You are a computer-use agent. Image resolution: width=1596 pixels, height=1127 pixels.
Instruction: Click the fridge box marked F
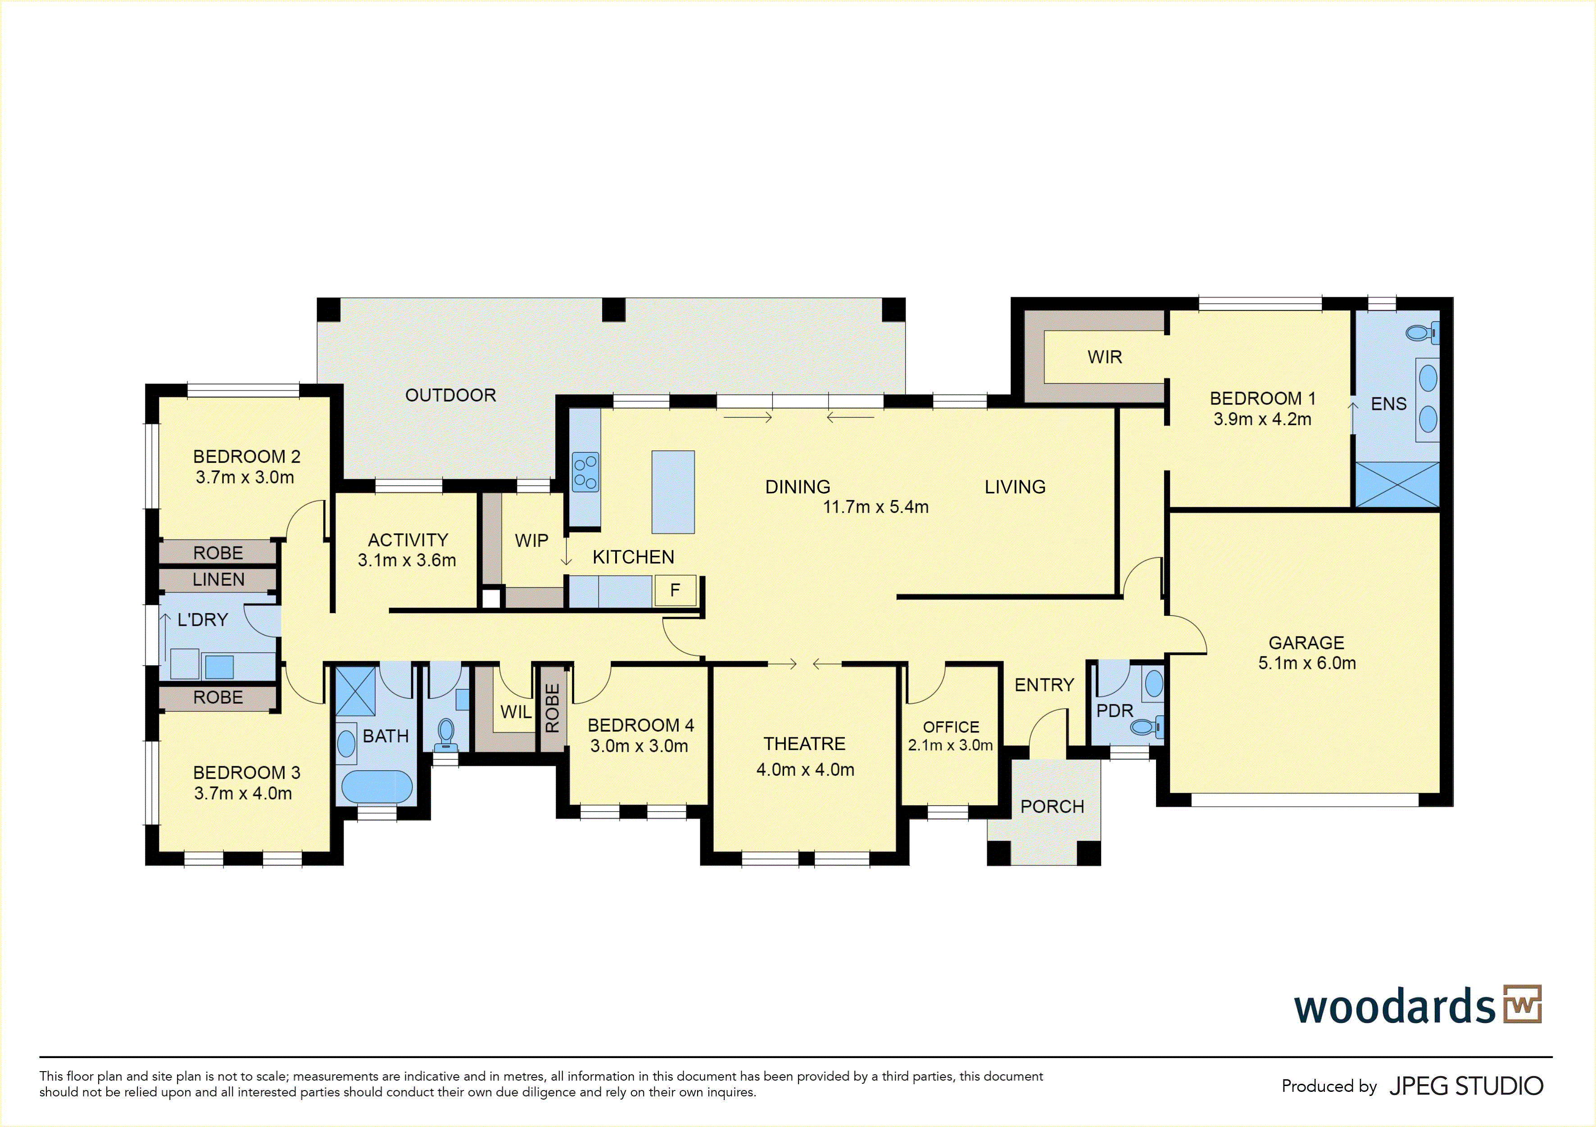(675, 590)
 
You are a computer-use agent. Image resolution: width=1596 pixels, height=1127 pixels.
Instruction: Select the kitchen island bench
(673, 492)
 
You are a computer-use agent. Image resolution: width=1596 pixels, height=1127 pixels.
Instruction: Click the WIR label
(1105, 357)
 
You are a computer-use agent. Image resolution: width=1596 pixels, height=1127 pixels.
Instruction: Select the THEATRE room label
(804, 744)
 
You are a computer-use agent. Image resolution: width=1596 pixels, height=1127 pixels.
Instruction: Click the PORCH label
(1052, 806)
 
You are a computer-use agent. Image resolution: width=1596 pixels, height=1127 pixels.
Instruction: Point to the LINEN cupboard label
(218, 580)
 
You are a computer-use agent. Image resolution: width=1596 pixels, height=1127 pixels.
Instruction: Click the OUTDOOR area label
(450, 395)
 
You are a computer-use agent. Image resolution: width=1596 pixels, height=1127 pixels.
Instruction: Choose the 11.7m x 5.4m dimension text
(876, 507)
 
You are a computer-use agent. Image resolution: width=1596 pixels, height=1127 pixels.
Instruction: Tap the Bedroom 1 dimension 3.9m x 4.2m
(1262, 419)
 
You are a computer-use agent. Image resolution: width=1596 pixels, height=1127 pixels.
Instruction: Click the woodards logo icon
(1522, 1004)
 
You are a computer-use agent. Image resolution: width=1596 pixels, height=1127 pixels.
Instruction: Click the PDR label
(1115, 710)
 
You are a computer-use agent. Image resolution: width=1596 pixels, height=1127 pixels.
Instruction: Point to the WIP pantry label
(532, 541)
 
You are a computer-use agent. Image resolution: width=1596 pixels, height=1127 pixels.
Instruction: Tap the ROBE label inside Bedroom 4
(553, 708)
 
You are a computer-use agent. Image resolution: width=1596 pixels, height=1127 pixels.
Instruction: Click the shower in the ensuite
(1397, 485)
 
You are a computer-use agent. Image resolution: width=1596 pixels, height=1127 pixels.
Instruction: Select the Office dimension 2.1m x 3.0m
(950, 745)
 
